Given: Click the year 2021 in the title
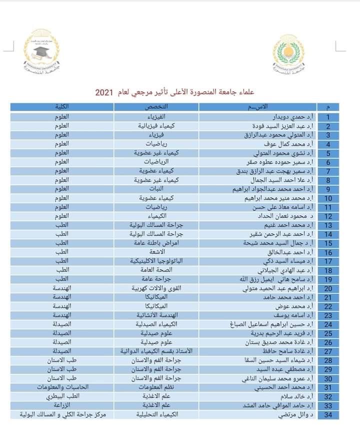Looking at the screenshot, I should coord(106,93).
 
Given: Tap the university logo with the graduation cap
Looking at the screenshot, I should coord(41,52).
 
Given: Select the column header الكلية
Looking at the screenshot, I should coord(63,107).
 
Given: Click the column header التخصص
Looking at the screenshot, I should coord(159,107).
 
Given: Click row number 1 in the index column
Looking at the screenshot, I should coord(328,117).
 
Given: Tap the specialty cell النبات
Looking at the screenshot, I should coord(159,189).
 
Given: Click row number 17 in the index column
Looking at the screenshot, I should coord(328,262).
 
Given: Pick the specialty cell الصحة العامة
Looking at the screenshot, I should coord(159,271).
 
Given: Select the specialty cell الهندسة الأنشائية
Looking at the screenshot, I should coord(159,315).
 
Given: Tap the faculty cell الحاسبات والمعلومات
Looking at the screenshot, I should coord(63,387).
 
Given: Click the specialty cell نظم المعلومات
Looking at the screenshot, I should coord(159,387).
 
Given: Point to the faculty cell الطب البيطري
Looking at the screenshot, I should coord(63,396).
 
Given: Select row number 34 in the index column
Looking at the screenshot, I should coord(328,415).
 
